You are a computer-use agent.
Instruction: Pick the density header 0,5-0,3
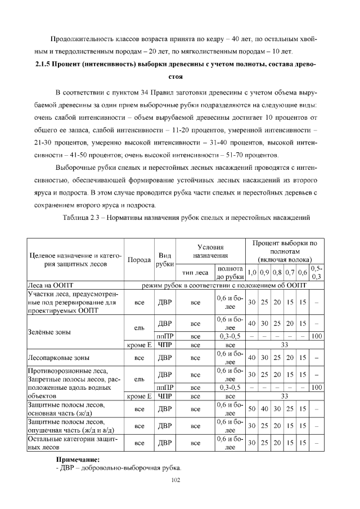coord(317,273)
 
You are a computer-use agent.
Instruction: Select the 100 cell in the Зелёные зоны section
coord(317,336)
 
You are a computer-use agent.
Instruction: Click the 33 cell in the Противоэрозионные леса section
coord(284,397)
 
